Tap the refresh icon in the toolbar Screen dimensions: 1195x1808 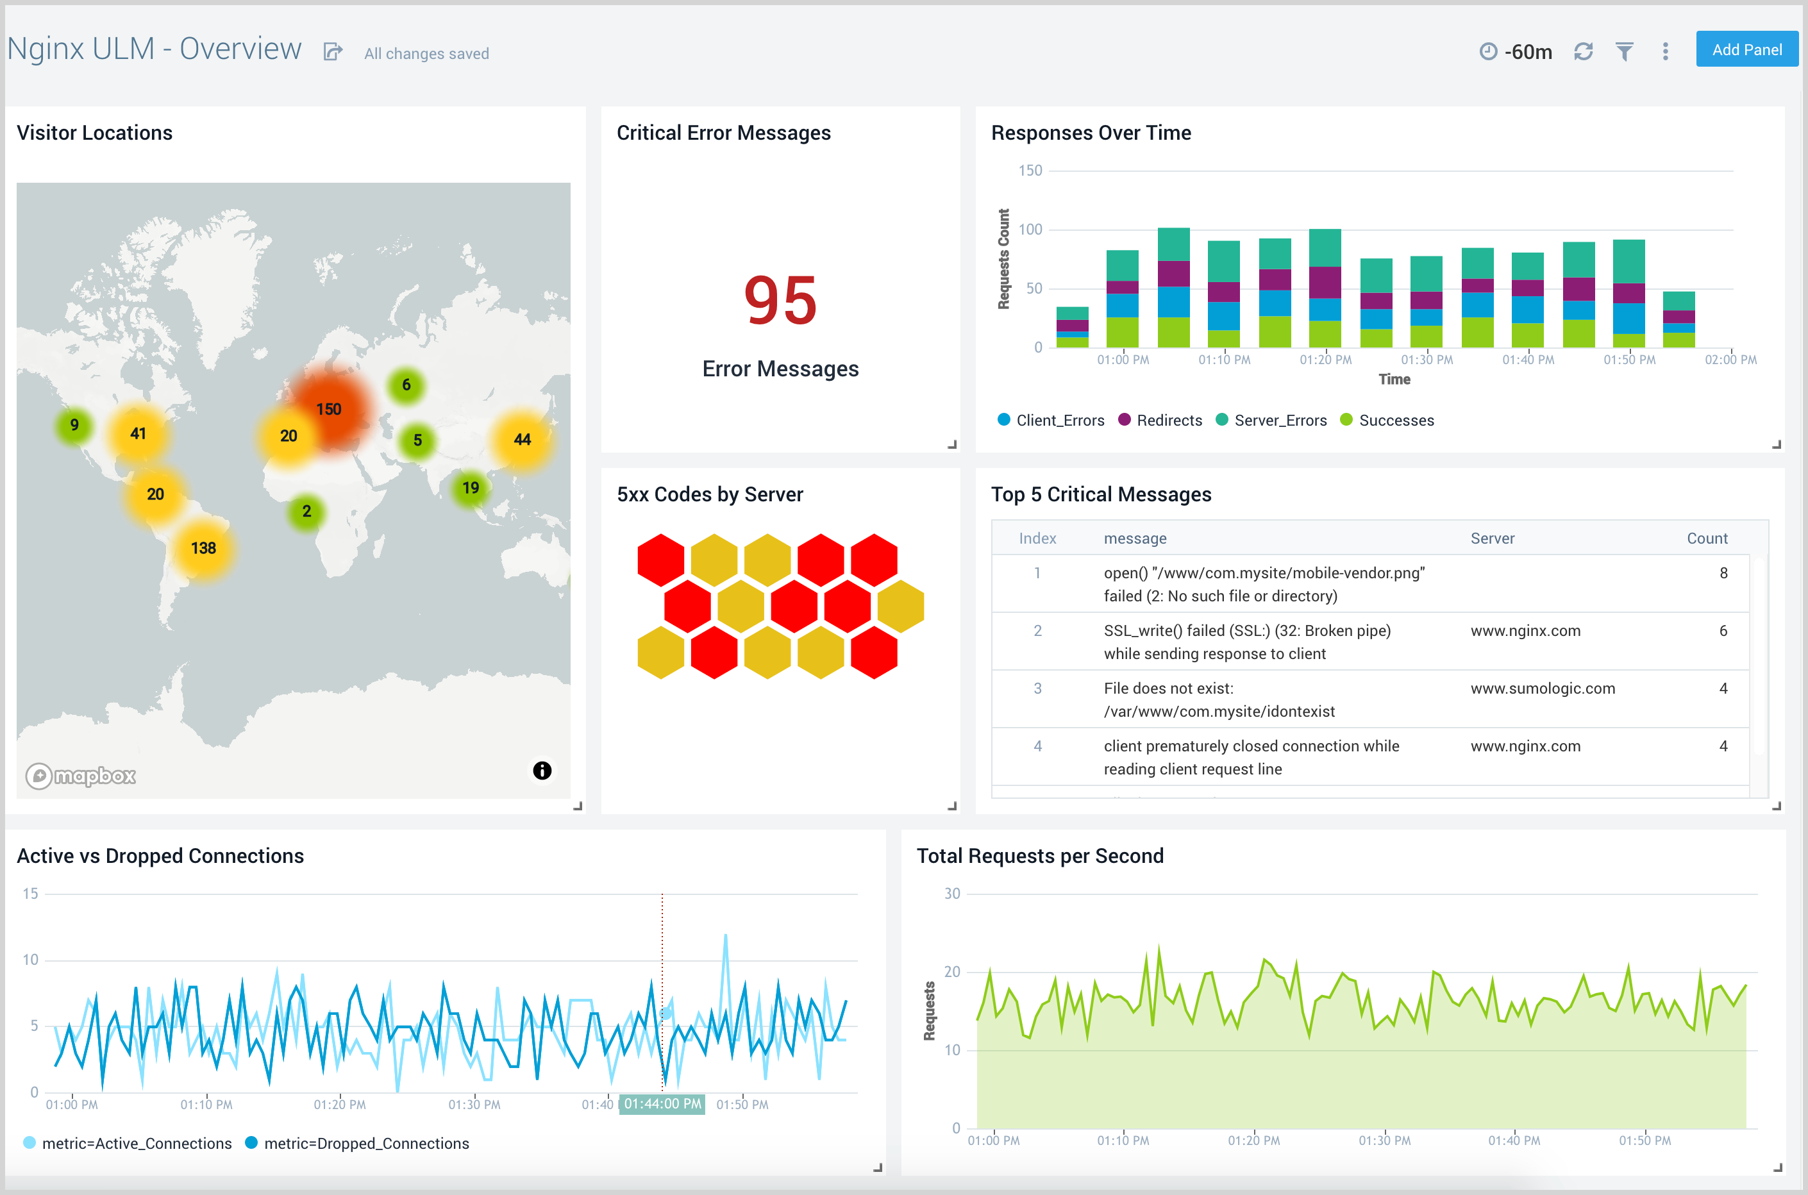click(x=1583, y=51)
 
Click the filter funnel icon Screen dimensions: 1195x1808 click(x=1624, y=51)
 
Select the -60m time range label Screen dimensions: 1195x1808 click(x=1527, y=52)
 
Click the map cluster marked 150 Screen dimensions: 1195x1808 click(x=328, y=409)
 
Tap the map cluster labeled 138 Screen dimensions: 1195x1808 click(x=203, y=548)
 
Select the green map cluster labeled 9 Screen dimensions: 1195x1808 click(x=74, y=425)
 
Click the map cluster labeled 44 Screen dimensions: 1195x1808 click(x=522, y=439)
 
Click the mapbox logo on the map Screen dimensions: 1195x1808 click(x=81, y=776)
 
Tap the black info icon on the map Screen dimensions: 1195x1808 click(x=542, y=771)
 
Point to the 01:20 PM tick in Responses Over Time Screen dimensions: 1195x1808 click(x=1325, y=360)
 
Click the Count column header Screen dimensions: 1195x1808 click(x=1706, y=538)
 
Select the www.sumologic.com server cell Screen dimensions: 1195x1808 click(x=1542, y=688)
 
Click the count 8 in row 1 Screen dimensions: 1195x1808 click(x=1723, y=573)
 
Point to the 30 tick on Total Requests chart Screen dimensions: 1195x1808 click(x=952, y=893)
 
